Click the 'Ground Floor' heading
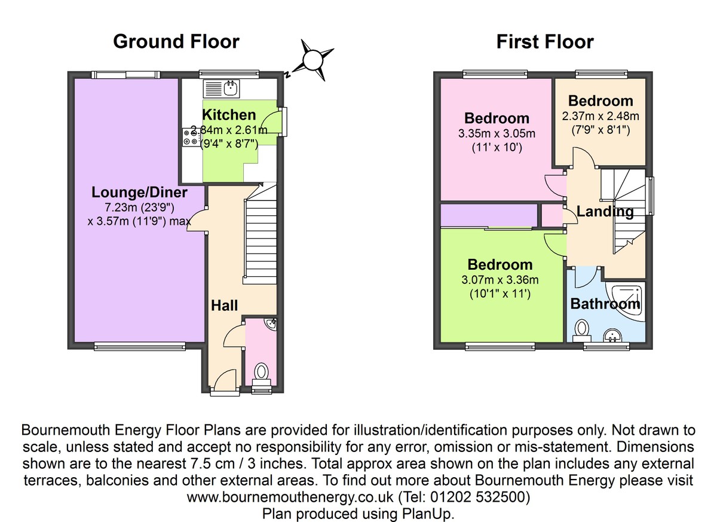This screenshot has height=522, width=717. click(x=176, y=41)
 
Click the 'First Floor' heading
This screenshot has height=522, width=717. click(x=545, y=41)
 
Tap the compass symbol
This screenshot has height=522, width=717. click(x=312, y=60)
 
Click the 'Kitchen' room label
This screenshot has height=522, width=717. click(x=229, y=115)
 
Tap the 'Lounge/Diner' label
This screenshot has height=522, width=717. click(x=139, y=193)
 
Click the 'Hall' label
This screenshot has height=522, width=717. click(x=225, y=306)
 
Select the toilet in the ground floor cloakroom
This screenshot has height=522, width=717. click(x=261, y=373)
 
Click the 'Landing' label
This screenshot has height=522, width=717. click(x=605, y=211)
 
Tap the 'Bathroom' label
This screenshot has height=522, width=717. click(x=605, y=304)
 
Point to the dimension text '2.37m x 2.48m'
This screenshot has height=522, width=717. click(x=600, y=116)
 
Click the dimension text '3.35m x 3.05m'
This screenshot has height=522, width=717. click(x=497, y=133)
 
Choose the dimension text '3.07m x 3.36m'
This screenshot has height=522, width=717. click(x=500, y=279)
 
